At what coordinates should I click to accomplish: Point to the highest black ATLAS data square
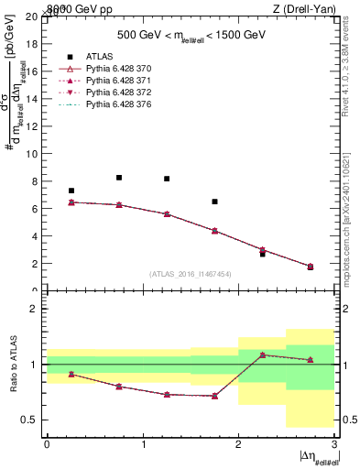pos(119,178)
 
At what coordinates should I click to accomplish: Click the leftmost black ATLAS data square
pos(71,191)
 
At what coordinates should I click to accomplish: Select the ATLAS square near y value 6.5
pos(214,202)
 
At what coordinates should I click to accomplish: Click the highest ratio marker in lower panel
pos(262,354)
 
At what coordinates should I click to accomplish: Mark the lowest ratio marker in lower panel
pos(214,396)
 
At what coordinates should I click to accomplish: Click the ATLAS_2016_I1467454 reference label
pos(190,274)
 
